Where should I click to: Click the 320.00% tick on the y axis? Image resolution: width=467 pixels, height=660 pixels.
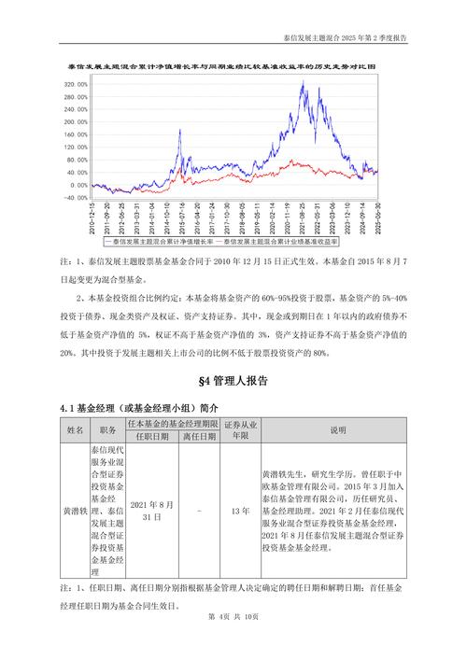[x=76, y=84]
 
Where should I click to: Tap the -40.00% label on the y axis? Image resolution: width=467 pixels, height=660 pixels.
[x=76, y=198]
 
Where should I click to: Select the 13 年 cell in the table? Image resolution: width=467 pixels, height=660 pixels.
[x=239, y=512]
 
